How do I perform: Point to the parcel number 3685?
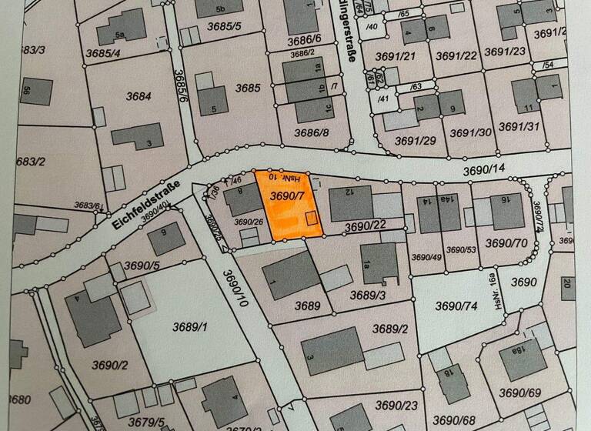click(x=248, y=89)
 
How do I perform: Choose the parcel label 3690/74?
click(x=457, y=306)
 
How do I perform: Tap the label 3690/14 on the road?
click(x=483, y=169)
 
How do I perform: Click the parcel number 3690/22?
click(x=366, y=226)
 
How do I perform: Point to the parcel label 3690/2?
click(x=109, y=364)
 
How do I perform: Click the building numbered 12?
click(x=351, y=203)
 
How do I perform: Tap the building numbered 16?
click(x=507, y=211)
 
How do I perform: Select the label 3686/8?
click(x=311, y=132)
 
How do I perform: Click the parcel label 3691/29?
click(x=416, y=140)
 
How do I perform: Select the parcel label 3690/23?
click(x=397, y=406)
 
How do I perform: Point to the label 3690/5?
click(x=141, y=266)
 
